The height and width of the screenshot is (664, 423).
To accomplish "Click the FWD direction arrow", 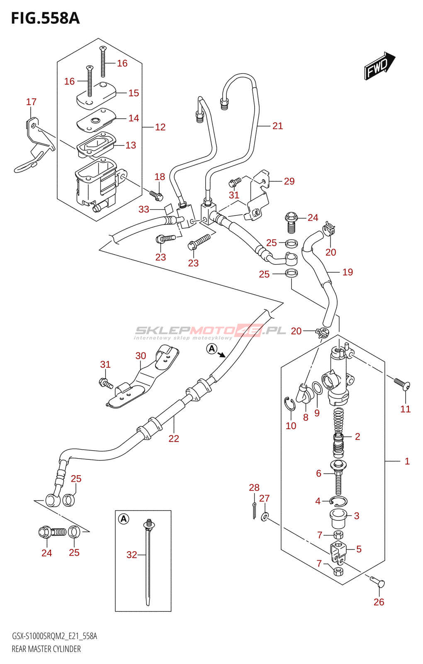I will [379, 66].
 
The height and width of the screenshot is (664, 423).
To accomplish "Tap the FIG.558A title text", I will [45, 19].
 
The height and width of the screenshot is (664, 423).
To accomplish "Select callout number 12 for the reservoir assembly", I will [160, 127].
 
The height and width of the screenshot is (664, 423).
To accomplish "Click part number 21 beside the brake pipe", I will [277, 126].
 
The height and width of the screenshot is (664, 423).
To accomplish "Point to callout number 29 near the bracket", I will [289, 181].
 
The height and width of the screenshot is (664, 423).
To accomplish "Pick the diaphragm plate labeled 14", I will [96, 120].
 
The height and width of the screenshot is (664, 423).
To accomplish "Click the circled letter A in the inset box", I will [124, 519].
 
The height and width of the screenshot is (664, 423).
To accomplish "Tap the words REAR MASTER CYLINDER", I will [46, 649].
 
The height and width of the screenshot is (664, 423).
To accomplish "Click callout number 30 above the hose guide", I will [141, 356].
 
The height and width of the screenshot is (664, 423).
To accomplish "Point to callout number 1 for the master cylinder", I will [407, 461].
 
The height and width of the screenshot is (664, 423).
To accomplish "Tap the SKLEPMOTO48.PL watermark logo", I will [210, 331].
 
